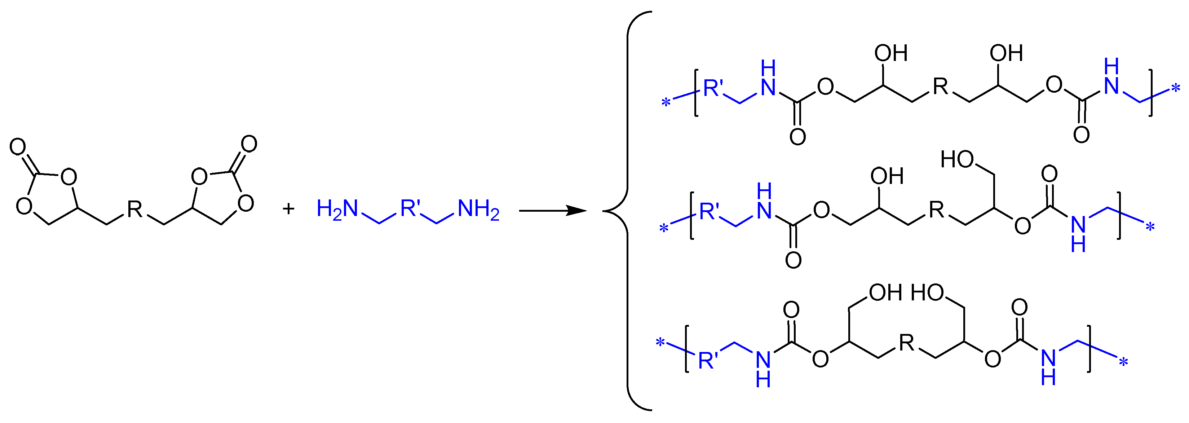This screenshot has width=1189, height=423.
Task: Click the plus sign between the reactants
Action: click(288, 209)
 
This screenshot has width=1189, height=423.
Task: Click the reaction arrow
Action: click(552, 211)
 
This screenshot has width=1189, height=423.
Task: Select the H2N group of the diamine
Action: click(337, 209)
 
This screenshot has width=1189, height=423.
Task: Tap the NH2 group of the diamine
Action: click(478, 209)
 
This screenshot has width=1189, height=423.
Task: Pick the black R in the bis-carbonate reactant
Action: click(135, 209)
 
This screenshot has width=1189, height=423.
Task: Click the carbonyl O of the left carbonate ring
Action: click(18, 147)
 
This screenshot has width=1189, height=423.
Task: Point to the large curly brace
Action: click(623, 211)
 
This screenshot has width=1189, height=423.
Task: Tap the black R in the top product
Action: click(940, 86)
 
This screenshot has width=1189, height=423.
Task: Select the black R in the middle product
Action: click(937, 210)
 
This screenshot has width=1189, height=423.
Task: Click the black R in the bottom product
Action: click(906, 343)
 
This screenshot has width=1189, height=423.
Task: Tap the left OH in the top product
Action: click(891, 54)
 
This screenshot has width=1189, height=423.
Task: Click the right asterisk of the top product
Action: click(1176, 88)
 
